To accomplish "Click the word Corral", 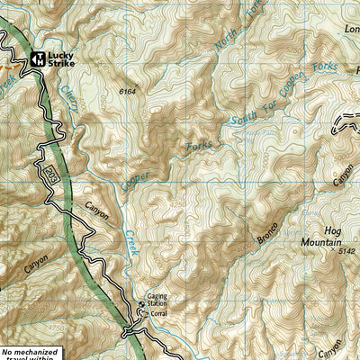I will click(160, 313).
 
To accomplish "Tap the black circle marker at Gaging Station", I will click(139, 311).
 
